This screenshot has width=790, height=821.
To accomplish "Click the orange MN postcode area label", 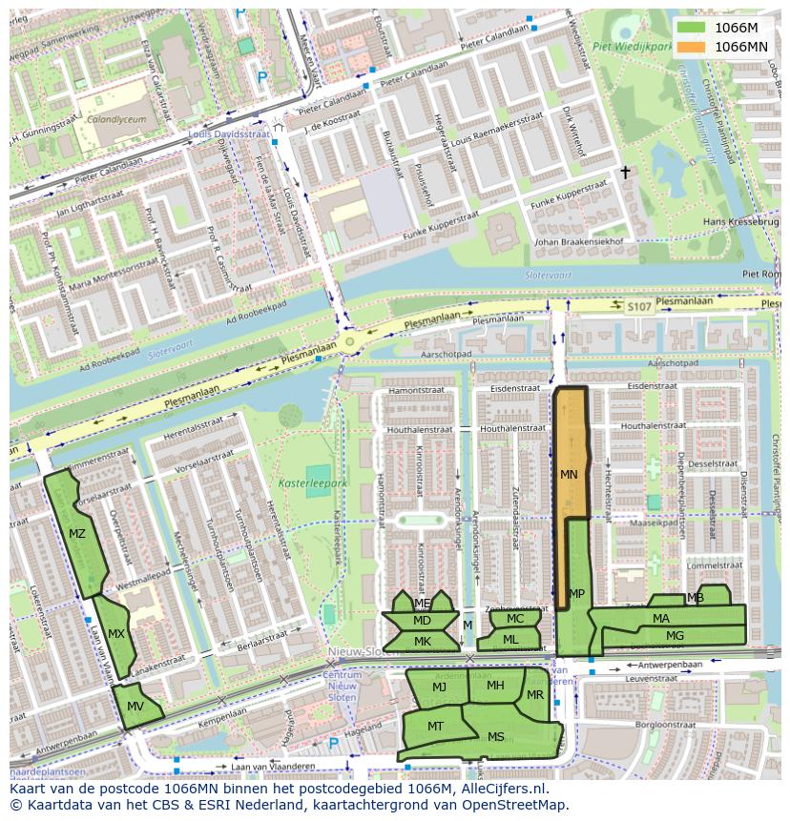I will [569, 474].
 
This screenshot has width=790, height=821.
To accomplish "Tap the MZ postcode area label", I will [77, 534].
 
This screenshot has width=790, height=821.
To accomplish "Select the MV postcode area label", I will [135, 706].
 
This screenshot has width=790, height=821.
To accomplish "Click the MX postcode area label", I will [115, 633].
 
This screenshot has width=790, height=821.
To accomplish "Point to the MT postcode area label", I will [435, 726].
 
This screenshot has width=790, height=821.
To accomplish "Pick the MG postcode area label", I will [675, 635].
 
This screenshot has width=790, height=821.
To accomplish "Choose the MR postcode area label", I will [535, 695].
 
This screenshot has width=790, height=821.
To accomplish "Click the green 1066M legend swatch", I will [692, 28].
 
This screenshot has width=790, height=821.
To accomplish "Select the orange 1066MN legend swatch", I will [692, 46].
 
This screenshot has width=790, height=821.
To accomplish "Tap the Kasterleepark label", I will [309, 483].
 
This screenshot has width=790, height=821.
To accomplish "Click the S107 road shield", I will [638, 306].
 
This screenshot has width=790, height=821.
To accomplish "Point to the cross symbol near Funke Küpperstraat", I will [626, 173].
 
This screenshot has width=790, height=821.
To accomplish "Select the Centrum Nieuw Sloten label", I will [343, 686].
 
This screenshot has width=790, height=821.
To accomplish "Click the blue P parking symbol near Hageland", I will [333, 743].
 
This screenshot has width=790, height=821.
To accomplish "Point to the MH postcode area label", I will [495, 685].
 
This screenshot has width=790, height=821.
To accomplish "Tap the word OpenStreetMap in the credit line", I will [515, 805].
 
